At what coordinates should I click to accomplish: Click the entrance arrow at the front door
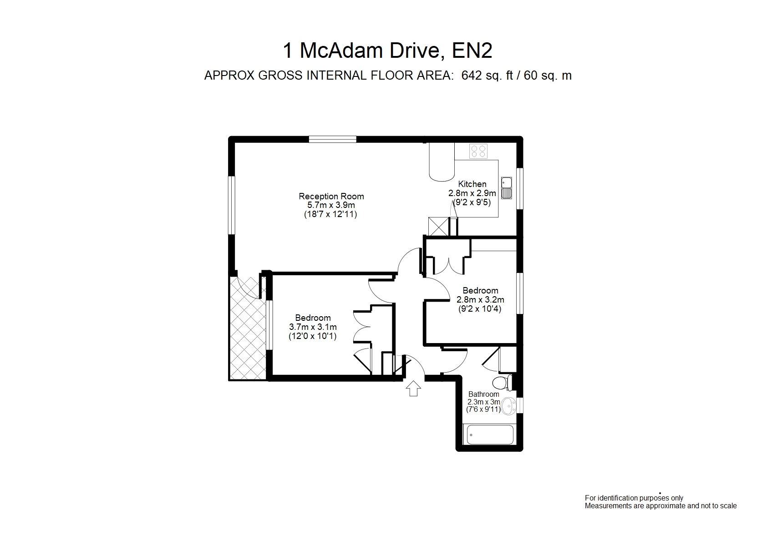click(413, 388)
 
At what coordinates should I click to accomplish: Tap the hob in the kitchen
click(478, 151)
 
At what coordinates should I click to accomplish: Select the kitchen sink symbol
click(506, 188)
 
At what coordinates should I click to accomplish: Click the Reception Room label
click(331, 197)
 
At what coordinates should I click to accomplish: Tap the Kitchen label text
click(472, 184)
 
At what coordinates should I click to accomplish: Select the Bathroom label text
click(483, 394)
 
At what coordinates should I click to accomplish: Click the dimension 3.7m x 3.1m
click(313, 327)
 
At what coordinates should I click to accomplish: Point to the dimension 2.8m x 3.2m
click(480, 300)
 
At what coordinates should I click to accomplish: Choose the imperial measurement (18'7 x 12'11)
click(330, 214)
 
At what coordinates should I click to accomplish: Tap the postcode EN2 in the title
click(472, 51)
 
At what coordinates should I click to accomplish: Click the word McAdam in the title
click(341, 51)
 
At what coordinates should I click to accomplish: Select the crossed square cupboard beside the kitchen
click(438, 226)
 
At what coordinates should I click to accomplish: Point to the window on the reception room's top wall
click(333, 139)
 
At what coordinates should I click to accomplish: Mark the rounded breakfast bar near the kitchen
click(442, 162)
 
